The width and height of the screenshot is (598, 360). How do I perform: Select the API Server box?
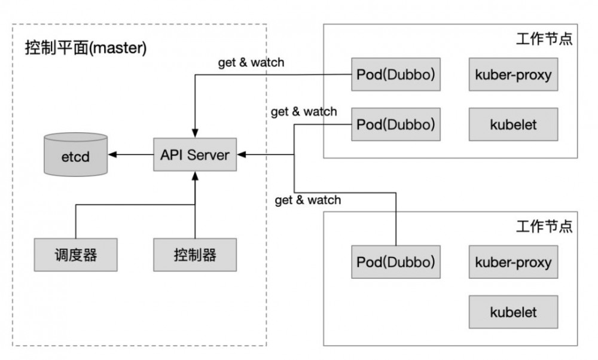point(195,155)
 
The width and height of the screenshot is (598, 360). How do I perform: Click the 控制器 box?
point(195,255)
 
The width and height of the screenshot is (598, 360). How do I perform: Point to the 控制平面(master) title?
point(86,48)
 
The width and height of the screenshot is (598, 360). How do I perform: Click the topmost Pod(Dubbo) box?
point(395,75)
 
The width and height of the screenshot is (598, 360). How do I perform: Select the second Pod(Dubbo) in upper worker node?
point(395,124)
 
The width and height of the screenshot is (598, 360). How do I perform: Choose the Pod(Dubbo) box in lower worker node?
point(395,262)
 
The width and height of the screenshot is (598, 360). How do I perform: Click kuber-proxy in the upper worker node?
point(513,75)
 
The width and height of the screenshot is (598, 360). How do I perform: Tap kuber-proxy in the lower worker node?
point(513,262)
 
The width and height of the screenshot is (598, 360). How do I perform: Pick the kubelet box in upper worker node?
point(513,124)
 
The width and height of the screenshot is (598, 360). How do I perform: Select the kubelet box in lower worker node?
point(513,312)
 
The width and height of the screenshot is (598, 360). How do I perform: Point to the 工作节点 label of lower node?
point(544,227)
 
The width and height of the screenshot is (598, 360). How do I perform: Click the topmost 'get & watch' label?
point(251,62)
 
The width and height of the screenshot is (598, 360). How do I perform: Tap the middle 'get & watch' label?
point(304,111)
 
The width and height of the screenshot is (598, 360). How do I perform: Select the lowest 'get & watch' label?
point(307,200)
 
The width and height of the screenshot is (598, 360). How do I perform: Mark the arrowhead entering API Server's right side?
point(241,155)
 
